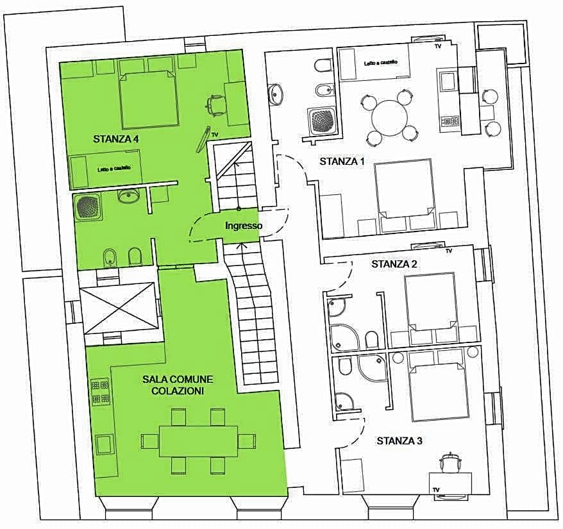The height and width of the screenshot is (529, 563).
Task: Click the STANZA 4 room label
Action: [x=116, y=139]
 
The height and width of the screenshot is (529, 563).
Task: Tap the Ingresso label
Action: [x=244, y=226]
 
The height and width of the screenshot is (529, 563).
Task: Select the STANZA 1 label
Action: [x=342, y=161]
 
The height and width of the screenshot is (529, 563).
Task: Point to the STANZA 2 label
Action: [x=394, y=264]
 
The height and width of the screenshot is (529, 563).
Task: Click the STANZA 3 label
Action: [x=399, y=441]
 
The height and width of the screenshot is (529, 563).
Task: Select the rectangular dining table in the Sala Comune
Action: [x=199, y=441]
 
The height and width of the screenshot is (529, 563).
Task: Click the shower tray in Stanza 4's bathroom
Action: [x=89, y=207]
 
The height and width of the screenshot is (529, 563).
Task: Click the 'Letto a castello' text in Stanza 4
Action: [x=115, y=169]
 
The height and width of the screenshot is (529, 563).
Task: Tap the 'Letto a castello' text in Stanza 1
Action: [x=381, y=63]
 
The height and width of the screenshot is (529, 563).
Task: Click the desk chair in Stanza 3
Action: [x=449, y=463]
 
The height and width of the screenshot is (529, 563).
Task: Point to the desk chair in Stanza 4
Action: [x=215, y=105]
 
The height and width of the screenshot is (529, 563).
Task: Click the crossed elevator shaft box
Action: [x=119, y=308]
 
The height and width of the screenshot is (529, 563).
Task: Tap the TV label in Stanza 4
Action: [x=215, y=135]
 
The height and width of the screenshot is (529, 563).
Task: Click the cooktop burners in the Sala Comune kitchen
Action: [x=101, y=392]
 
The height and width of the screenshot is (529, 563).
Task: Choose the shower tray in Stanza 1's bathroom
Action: [x=322, y=121]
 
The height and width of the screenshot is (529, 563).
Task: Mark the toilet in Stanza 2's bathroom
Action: [x=371, y=339]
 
